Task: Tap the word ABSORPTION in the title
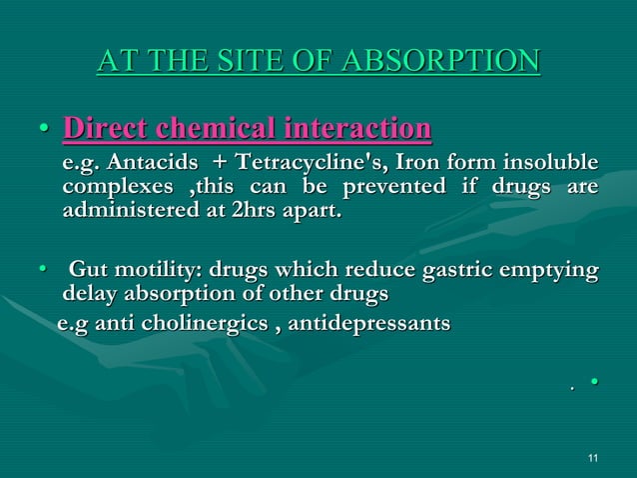tap(444, 60)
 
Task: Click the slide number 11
tap(594, 458)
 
